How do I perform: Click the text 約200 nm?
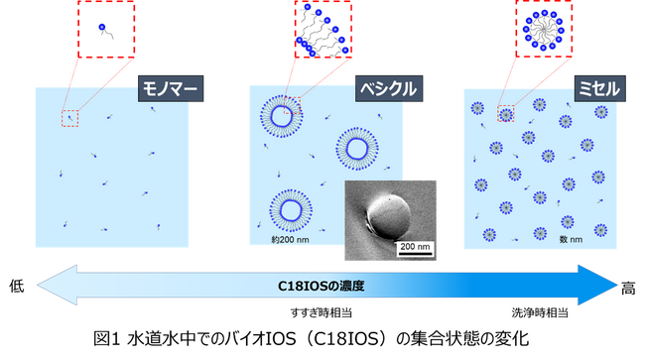pyautogui.click(x=290, y=239)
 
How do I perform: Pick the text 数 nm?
pyautogui.click(x=570, y=239)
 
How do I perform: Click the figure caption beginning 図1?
pyautogui.click(x=322, y=340)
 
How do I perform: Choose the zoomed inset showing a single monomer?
pyautogui.click(x=104, y=29)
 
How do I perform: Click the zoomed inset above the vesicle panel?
pyautogui.click(x=323, y=29)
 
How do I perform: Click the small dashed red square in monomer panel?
pyautogui.click(x=68, y=118)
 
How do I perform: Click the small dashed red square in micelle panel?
pyautogui.click(x=506, y=113)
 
